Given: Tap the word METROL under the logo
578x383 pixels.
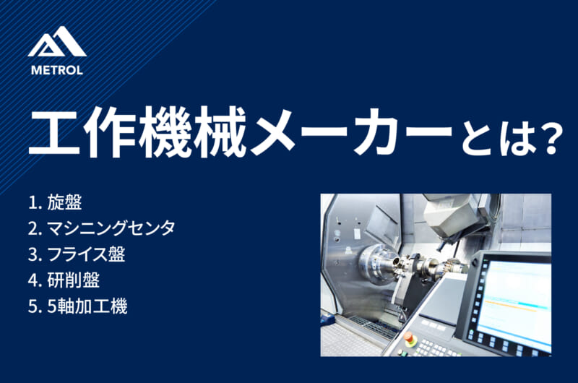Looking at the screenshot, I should tap(57, 71).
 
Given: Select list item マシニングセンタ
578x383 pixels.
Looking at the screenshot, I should tap(111, 228).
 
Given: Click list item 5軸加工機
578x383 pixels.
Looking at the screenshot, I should tap(87, 306).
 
